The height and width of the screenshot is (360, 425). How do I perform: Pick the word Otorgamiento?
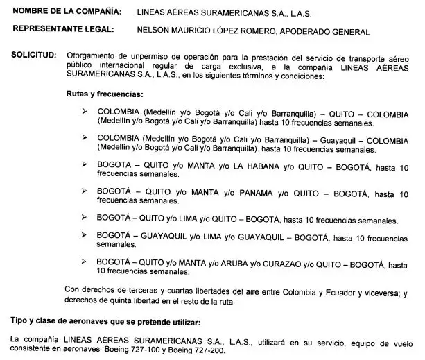coord(88,54)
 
